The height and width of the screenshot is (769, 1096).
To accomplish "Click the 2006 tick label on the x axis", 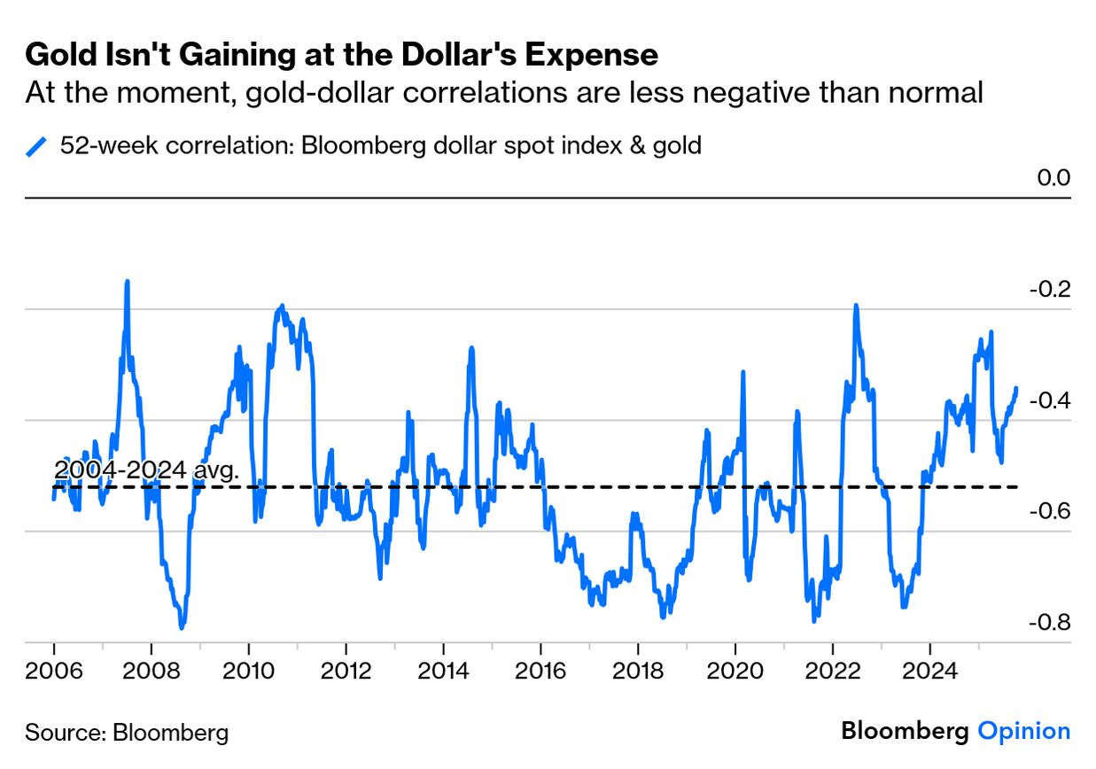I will pos(54,669).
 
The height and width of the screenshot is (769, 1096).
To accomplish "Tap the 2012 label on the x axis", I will pos(346,669).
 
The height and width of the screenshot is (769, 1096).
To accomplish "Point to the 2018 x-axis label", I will pos(637,669).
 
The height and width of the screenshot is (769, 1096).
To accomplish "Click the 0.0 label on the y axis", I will pos(1053,178).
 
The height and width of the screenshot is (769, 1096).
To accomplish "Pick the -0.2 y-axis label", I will pos(1049,290).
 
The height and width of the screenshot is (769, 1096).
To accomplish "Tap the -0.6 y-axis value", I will pos(1049,512).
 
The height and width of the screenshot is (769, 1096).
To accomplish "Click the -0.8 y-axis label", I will pos(1049,623).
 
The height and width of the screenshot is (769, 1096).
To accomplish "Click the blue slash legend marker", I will pos(37,146).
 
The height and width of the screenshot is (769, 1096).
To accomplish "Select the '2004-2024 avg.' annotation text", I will pos(146,470).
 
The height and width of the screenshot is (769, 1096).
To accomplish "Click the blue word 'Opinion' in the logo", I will pos(1023,732).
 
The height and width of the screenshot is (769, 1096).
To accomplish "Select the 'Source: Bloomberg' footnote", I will pos(127,733).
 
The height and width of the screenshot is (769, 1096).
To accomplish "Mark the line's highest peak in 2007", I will pos(127,282).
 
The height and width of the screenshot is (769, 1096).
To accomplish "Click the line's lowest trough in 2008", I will pos(182,627).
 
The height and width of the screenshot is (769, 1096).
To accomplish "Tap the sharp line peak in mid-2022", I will pos(856,306).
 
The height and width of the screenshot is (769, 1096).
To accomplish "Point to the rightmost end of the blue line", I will pos(1016,388).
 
